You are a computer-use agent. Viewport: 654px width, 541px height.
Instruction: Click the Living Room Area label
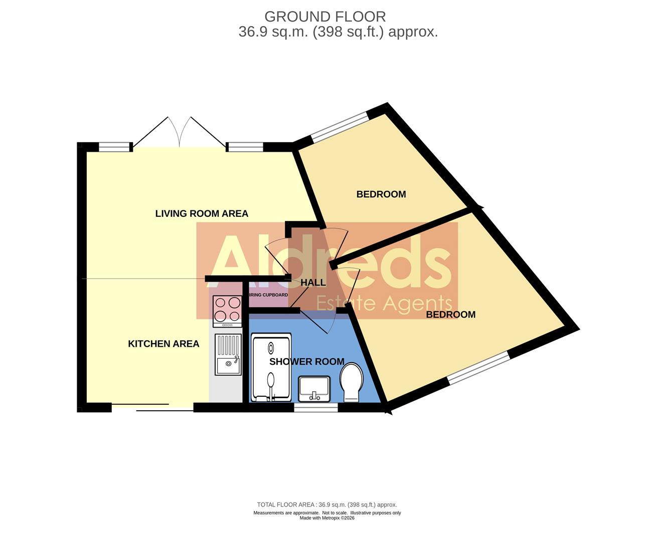click(202, 213)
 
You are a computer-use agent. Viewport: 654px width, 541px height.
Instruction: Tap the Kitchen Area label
click(163, 344)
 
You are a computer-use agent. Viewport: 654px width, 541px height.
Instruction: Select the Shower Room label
click(306, 362)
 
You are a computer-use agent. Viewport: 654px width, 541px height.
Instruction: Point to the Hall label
click(313, 283)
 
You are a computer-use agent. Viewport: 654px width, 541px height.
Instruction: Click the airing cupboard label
click(268, 295)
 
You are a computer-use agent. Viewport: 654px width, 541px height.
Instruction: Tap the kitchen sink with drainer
click(228, 355)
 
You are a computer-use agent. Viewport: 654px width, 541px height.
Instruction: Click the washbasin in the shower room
click(314, 389)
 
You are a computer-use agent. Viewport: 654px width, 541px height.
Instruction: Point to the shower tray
click(271, 370)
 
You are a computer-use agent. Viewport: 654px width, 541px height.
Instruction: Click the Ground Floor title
click(325, 17)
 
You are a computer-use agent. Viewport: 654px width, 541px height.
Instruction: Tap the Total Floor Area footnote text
click(327, 504)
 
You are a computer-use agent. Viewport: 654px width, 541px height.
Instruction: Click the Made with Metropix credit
click(327, 518)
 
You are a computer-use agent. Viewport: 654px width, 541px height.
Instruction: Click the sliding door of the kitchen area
click(152, 407)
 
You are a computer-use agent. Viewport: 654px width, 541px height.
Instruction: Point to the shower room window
click(315, 408)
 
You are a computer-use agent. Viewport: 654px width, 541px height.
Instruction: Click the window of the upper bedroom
click(340, 125)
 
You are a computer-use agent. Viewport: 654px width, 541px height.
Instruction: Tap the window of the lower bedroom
click(478, 368)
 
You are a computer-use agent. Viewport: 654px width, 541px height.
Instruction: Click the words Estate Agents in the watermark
click(384, 304)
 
